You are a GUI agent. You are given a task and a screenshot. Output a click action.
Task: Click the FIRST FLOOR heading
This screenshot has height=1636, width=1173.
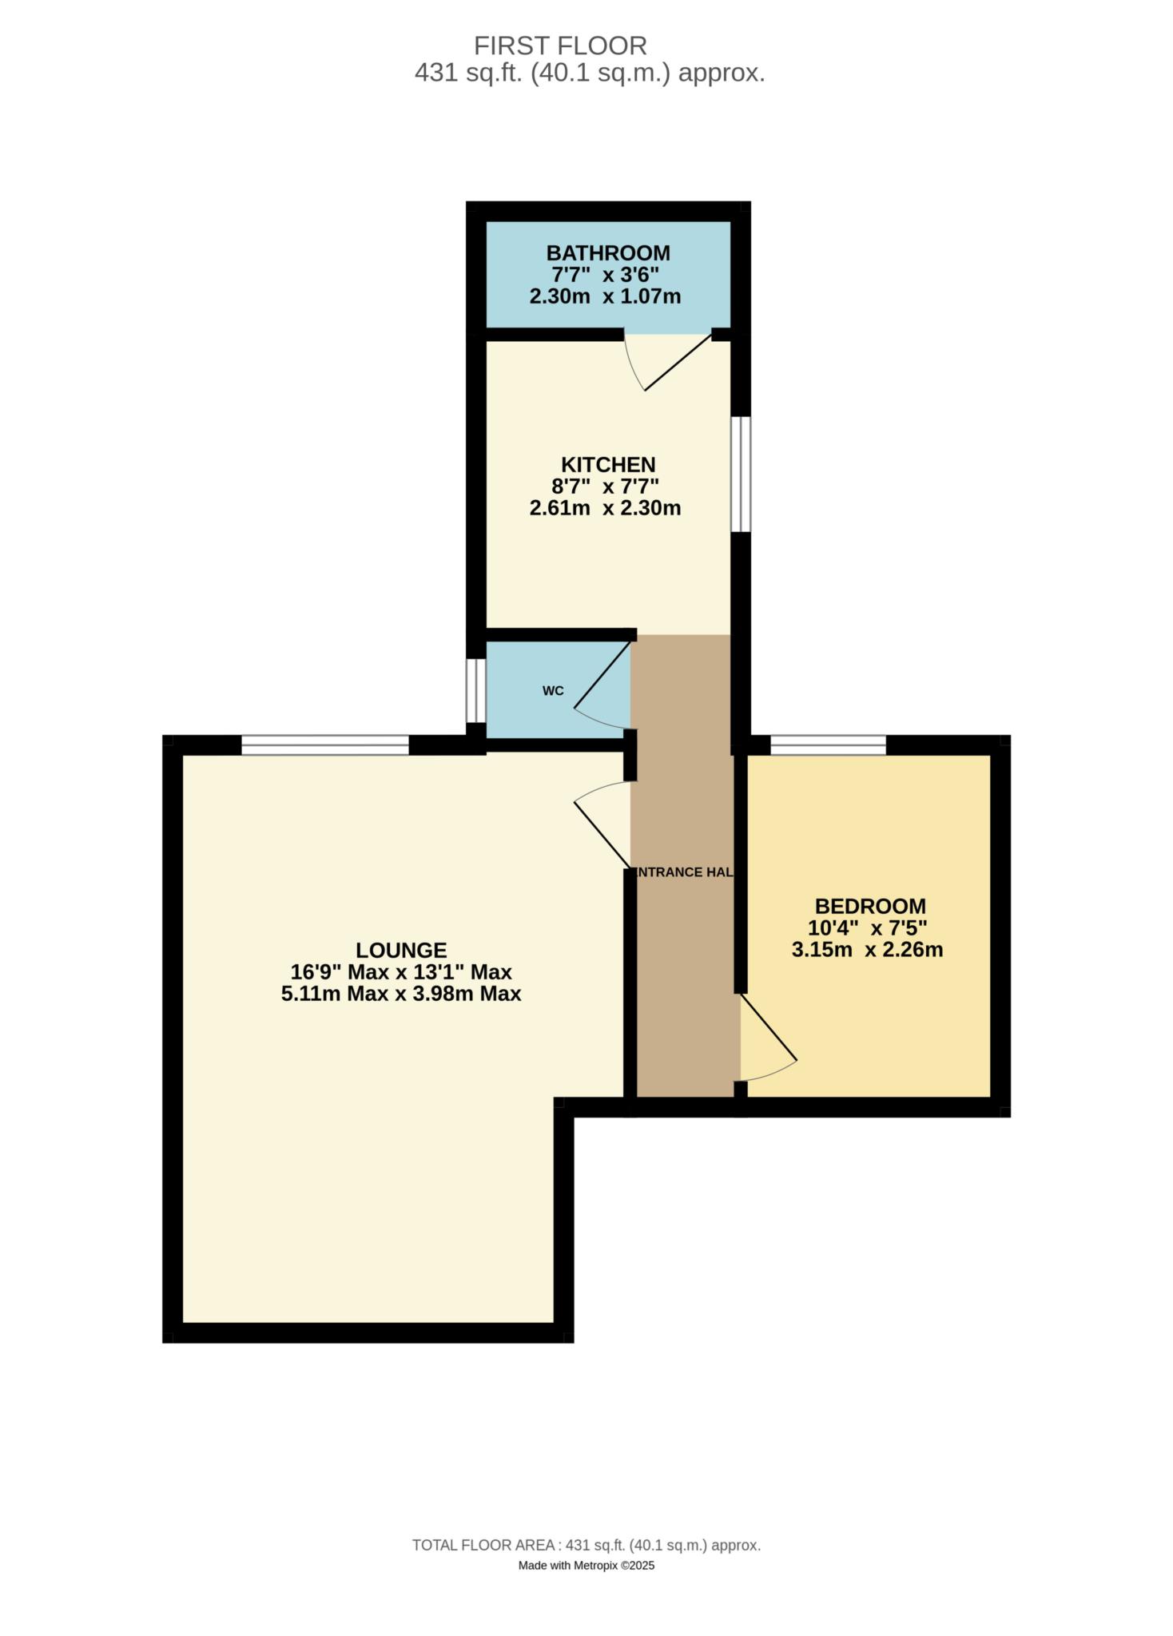pos(560,45)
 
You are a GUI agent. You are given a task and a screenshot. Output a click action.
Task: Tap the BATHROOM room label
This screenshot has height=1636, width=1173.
pos(608,253)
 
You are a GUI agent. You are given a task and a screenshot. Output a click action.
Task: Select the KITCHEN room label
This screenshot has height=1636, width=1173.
pos(608,464)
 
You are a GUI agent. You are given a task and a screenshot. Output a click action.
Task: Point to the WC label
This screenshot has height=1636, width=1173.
pos(553,691)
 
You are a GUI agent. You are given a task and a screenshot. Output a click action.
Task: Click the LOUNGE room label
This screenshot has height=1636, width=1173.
pos(401,950)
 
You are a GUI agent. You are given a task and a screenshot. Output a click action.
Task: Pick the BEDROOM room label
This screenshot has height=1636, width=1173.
pos(870,906)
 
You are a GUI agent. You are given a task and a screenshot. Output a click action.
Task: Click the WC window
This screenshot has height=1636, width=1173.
pos(475,689)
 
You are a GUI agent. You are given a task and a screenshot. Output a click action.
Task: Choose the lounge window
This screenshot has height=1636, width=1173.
pos(325,745)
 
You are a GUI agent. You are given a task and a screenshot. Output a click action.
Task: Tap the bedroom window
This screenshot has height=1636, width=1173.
pos(828,745)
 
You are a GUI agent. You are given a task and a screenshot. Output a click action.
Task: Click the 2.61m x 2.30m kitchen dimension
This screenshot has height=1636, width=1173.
pos(605,508)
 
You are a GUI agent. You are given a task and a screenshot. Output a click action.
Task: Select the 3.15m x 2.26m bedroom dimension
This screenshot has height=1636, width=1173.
pos(867,950)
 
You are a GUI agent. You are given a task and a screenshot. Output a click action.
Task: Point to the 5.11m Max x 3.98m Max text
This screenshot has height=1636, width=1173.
pos(401,994)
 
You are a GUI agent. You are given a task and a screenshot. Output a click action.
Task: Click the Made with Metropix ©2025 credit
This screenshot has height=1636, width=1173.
pos(586,1565)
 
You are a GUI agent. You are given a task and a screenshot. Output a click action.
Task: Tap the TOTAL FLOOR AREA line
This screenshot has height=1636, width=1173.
pos(586,1545)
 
